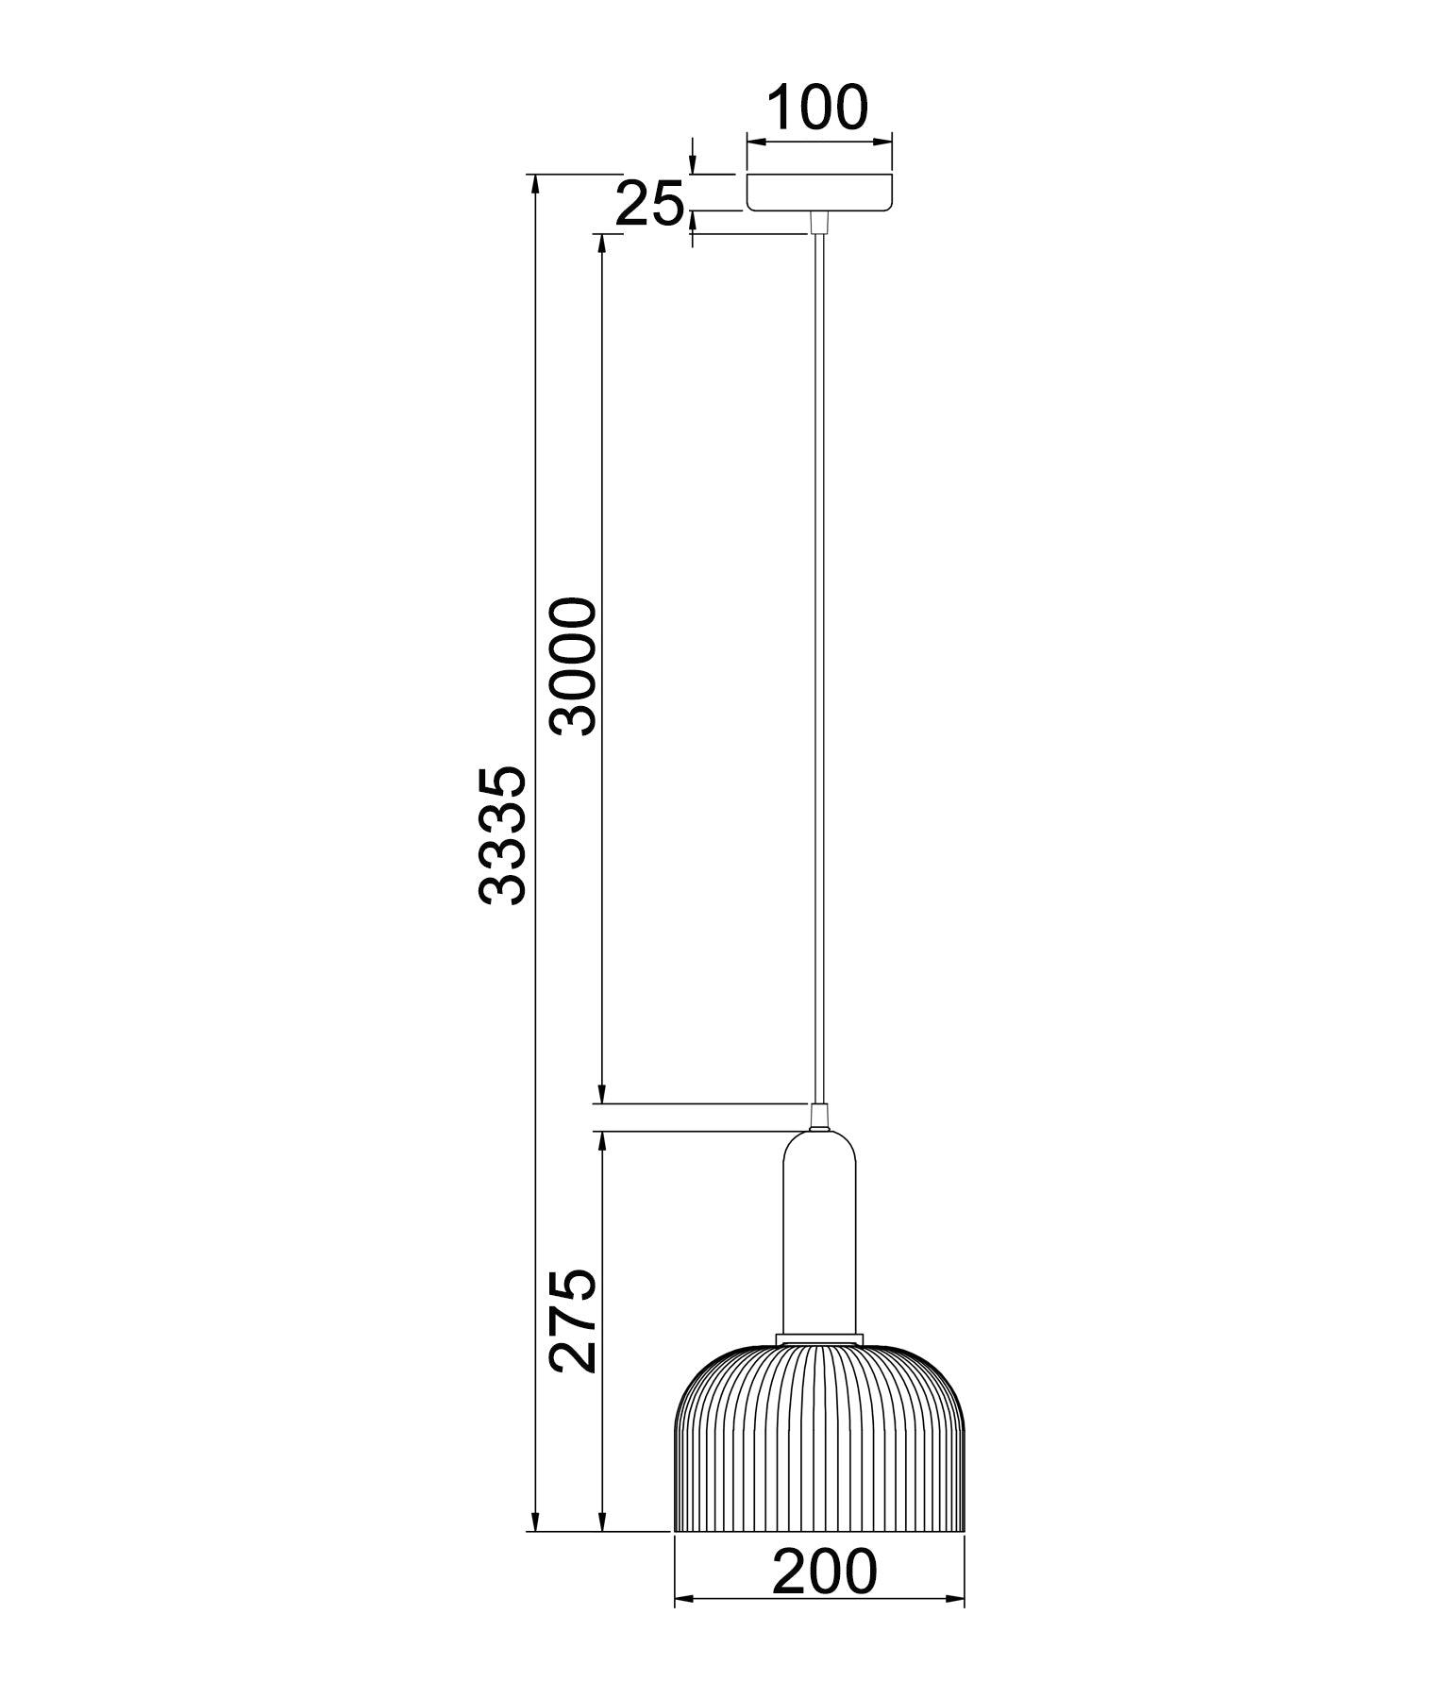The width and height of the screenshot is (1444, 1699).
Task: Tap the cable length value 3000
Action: [x=575, y=666]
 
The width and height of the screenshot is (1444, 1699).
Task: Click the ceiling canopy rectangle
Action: [x=819, y=192]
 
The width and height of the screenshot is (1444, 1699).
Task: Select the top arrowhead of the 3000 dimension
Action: [x=601, y=244]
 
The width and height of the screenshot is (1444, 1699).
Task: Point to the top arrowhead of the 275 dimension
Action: [x=601, y=1141]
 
